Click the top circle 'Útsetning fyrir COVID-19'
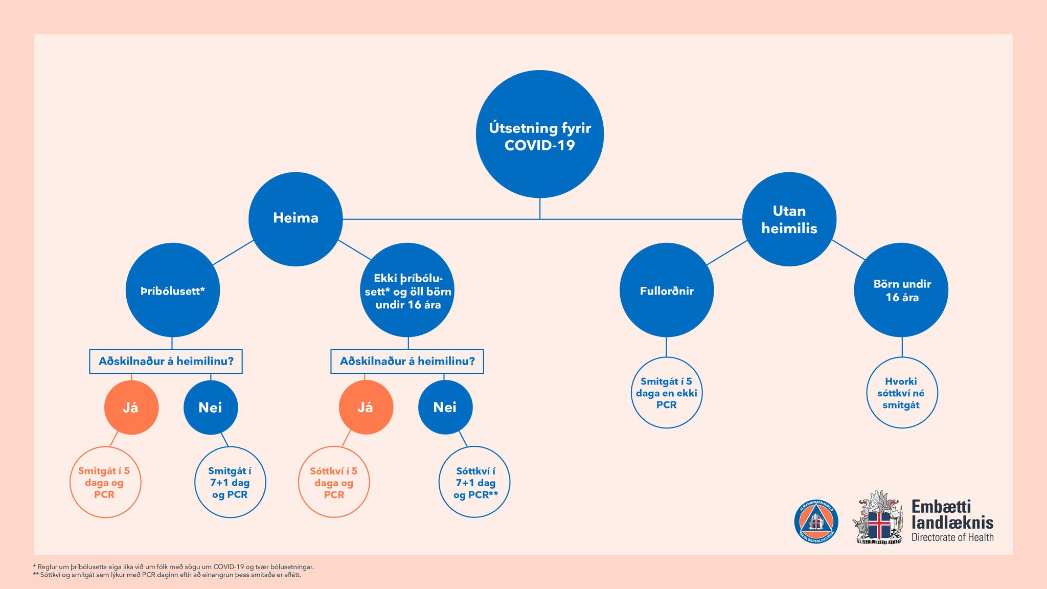coord(540,134)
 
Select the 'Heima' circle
coord(295,219)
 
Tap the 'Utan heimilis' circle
coord(789,219)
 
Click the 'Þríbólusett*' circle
coord(173,290)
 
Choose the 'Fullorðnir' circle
coord(667,290)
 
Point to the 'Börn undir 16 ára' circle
coord(901,290)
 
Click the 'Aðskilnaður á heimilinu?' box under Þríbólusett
coord(166,361)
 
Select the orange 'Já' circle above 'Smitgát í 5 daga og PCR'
coord(131,407)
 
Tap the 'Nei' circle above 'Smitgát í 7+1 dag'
coord(211,407)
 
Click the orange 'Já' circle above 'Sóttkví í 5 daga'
coord(366,407)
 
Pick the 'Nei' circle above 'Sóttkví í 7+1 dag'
coord(445,407)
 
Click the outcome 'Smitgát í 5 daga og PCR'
coord(105,482)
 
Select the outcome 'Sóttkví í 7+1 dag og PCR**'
coord(475,482)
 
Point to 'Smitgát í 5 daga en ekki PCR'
coord(667,393)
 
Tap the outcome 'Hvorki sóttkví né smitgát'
coord(901,393)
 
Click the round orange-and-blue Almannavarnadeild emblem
coord(816,522)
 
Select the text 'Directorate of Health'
coord(952,537)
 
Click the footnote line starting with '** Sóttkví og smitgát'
coord(167,575)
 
